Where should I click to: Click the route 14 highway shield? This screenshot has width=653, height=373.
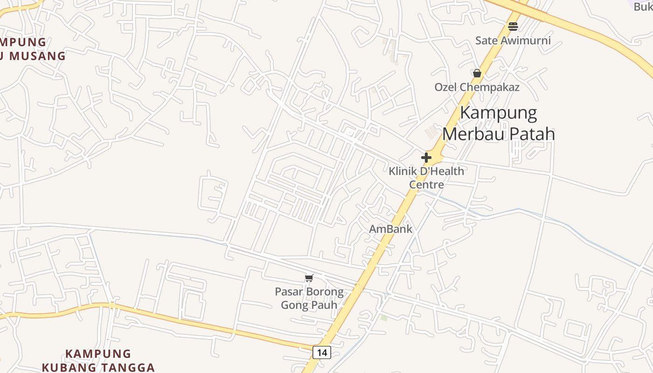(322, 352)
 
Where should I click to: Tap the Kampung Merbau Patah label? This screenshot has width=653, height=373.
(499, 124)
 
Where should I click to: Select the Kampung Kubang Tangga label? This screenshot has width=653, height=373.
(98, 360)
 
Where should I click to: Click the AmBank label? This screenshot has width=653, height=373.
(391, 229)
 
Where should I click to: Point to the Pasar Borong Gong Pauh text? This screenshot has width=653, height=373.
(309, 298)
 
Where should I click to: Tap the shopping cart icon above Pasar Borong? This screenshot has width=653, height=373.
(309, 278)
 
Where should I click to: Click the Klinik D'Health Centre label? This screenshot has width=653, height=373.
(426, 178)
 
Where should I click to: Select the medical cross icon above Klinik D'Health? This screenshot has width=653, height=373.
(426, 158)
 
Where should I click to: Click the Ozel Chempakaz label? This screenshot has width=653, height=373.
(477, 87)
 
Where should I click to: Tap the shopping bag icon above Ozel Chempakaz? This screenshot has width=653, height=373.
(477, 73)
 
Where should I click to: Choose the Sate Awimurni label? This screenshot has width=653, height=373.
(513, 41)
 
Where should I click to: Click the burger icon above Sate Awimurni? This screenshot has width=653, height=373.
(513, 27)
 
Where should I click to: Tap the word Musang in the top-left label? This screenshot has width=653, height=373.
(37, 56)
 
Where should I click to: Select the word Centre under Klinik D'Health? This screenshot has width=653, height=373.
(426, 185)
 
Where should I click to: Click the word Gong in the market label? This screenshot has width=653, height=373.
(293, 305)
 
